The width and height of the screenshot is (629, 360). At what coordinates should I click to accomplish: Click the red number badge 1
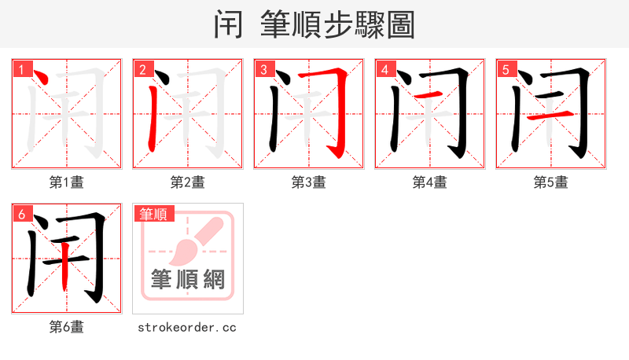tap(21, 69)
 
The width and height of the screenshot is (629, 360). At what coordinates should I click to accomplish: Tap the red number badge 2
tap(142, 69)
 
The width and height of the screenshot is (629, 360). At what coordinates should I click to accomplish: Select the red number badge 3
tap(263, 69)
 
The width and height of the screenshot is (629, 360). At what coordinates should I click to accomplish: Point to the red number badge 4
tap(384, 69)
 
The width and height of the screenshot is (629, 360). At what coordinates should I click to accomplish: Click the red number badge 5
tap(506, 69)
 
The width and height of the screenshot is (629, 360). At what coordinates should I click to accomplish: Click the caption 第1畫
tap(67, 182)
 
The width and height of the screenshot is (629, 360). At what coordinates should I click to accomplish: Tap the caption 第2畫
tap(188, 182)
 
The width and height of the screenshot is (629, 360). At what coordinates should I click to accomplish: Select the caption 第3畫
tap(309, 182)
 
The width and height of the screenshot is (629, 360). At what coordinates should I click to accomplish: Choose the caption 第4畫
tap(430, 182)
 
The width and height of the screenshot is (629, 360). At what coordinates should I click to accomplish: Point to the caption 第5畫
tap(551, 182)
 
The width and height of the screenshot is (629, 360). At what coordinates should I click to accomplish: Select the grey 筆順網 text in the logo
tap(188, 278)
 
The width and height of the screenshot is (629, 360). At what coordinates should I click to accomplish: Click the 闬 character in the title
tap(228, 25)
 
